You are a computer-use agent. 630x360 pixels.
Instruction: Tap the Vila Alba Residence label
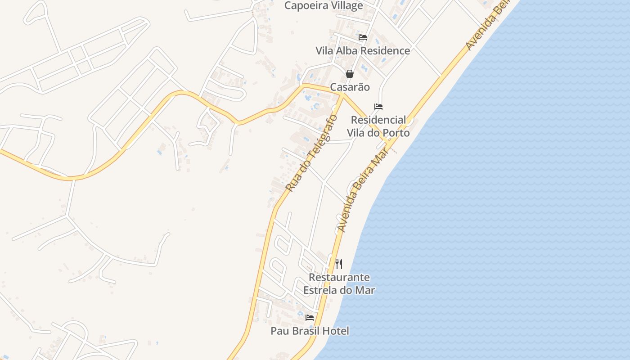pos(363,51)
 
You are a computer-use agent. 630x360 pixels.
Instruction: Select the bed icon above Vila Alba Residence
pos(363,37)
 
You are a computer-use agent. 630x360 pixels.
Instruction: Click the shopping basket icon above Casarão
pos(350,74)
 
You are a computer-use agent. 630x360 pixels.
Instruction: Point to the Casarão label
pos(350,87)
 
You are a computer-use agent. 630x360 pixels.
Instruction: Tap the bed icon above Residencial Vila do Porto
pos(378,107)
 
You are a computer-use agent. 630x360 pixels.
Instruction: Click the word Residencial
pos(378,120)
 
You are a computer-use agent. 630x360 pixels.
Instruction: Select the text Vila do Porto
pos(378,133)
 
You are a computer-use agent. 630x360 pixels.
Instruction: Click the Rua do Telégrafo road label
pos(311,153)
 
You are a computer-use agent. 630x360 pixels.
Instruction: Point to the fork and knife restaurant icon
pos(339,264)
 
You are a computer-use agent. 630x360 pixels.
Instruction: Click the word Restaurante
pos(339,277)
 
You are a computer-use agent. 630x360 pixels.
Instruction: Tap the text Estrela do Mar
pos(339,290)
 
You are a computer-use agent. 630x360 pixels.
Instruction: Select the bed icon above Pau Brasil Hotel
pos(310,318)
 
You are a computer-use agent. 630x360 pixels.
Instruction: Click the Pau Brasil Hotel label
pos(310,331)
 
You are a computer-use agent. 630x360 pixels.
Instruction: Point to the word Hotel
pos(336,331)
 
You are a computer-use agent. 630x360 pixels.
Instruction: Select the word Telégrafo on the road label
pos(321,135)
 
